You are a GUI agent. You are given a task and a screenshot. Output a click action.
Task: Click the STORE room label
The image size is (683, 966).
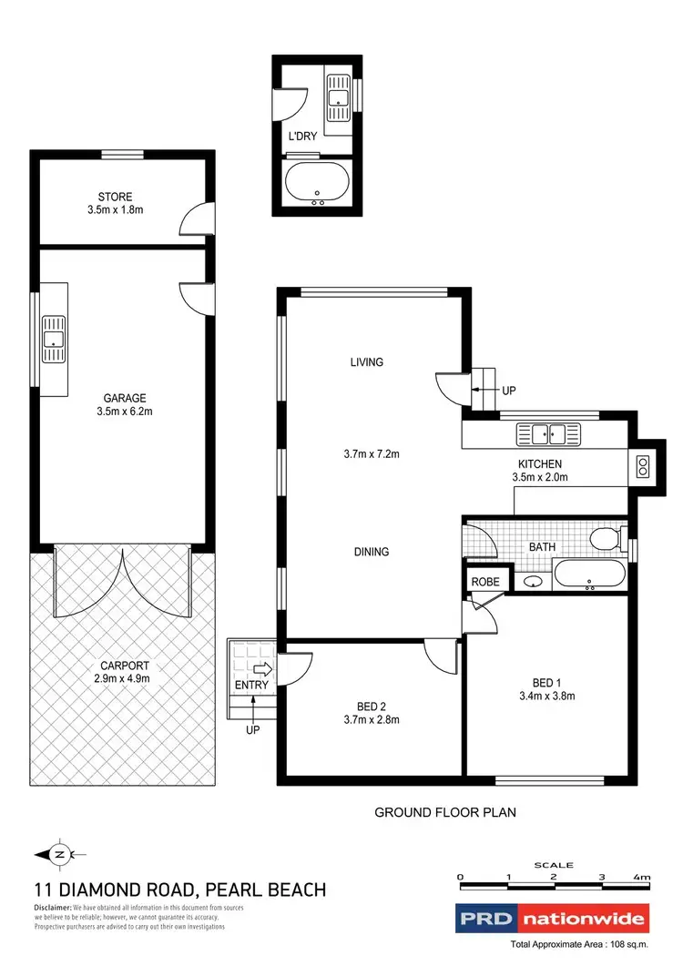[116, 197]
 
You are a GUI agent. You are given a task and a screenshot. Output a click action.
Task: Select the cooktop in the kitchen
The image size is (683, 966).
[643, 468]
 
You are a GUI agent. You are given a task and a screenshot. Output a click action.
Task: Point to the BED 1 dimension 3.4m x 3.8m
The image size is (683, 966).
[546, 697]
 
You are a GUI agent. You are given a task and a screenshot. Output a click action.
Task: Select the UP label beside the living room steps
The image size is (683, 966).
[509, 391]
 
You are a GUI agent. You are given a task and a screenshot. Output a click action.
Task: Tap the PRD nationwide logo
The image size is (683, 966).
[552, 918]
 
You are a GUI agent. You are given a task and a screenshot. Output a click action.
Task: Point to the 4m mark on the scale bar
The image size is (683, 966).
[645, 879]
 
